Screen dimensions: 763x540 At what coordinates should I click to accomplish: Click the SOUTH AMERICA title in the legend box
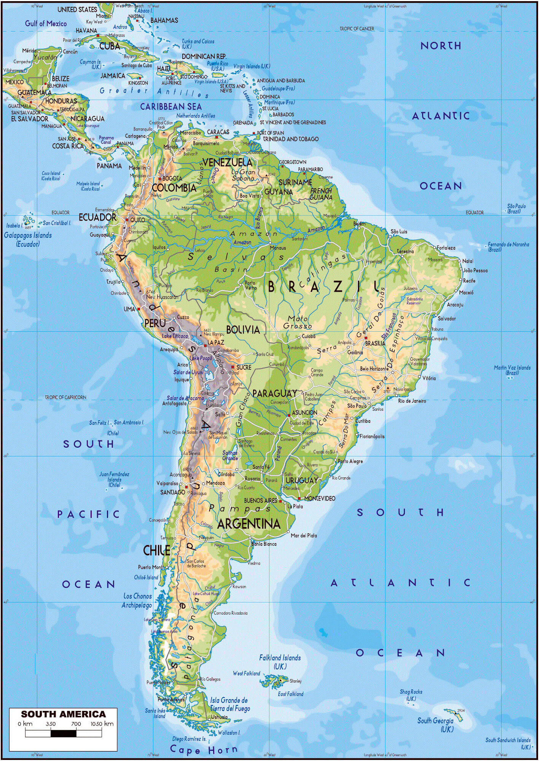(63, 714)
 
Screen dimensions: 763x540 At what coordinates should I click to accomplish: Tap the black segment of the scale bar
(63, 733)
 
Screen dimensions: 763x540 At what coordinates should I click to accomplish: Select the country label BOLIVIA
(243, 329)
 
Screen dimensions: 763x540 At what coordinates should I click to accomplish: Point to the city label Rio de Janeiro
(412, 401)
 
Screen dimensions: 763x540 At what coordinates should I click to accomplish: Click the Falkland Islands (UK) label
(280, 662)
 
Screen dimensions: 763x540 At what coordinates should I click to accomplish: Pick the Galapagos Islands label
(28, 240)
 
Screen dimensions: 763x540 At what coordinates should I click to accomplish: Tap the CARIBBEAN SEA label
(171, 107)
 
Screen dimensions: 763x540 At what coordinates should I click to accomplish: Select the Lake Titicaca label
(175, 336)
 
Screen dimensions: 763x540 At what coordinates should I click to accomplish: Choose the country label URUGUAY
(301, 480)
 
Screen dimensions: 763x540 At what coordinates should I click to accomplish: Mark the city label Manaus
(278, 248)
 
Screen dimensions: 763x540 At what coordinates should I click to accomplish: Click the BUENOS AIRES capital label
(261, 500)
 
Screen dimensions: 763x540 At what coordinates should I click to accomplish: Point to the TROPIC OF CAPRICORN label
(65, 397)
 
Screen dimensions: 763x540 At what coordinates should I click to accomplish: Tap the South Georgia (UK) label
(436, 725)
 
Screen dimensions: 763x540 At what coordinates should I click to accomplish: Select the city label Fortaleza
(446, 248)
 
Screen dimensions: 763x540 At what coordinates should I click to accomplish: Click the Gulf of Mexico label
(46, 24)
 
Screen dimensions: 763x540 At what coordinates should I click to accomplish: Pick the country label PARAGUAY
(274, 393)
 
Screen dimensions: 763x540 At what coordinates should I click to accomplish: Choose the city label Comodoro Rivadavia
(231, 613)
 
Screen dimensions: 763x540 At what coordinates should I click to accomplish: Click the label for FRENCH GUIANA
(321, 194)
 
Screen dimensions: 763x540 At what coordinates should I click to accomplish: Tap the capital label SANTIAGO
(173, 492)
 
